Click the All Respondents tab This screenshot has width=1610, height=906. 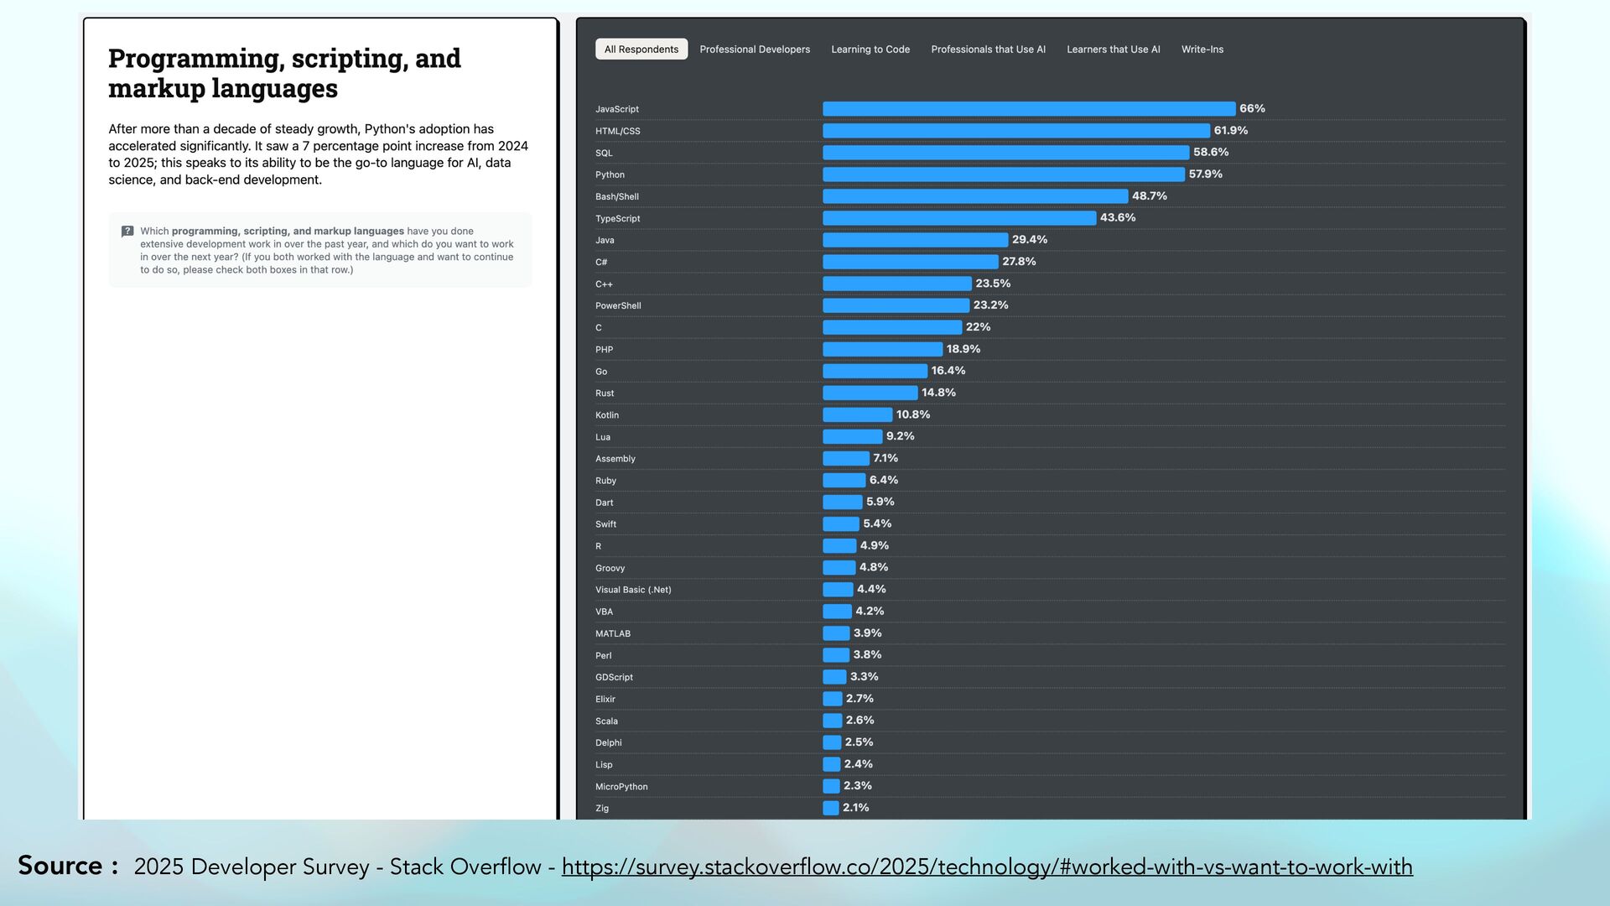coord(641,49)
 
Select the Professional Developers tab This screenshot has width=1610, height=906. coord(755,49)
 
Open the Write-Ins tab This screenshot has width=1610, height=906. coord(1202,49)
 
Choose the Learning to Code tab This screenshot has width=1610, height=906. coord(870,49)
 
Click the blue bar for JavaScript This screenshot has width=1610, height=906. coord(1029,109)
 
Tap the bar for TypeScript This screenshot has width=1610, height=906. coord(959,218)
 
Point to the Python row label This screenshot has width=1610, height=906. coord(610,174)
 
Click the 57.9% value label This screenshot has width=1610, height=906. coord(1205,174)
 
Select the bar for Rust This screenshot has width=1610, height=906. coord(870,393)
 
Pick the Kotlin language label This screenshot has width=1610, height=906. coord(607,415)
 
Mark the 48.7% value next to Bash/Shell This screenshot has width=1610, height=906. coord(1149,196)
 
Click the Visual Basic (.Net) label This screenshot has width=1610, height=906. coord(633,590)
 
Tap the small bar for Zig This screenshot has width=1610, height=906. coord(831,808)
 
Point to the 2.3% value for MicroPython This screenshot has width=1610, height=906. coord(857,786)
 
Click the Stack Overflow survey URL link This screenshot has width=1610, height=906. coord(987,867)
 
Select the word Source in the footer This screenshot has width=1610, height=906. coord(60,866)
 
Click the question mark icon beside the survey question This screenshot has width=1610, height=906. coord(127,232)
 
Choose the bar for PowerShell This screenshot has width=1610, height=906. coord(896,305)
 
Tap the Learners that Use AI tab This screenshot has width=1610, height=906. coord(1113,49)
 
